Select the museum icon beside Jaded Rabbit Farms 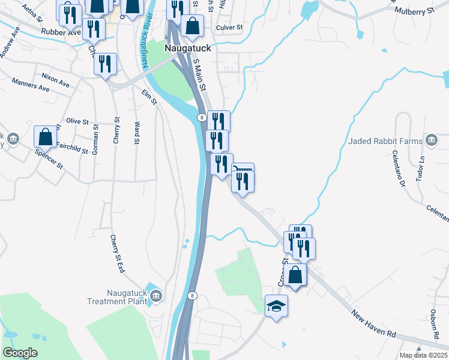432,140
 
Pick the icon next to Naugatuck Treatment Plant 156,295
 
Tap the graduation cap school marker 276,306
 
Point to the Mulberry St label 422,11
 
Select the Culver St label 229,28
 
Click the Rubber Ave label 61,32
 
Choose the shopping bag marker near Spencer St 46,137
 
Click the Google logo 20,353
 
